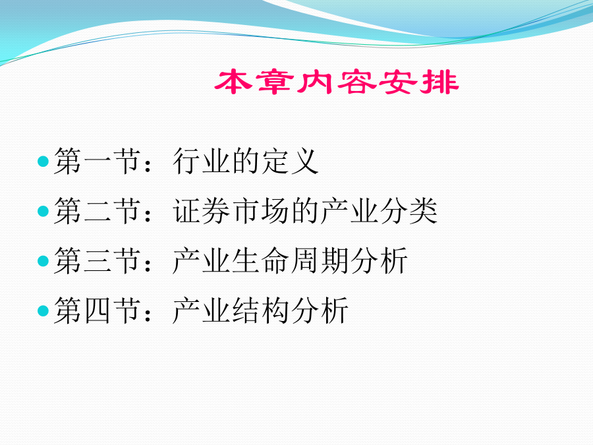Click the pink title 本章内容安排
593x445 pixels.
[337, 82]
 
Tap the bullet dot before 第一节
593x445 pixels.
[43, 162]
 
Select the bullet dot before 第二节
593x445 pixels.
[43, 211]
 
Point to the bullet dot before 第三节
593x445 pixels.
[43, 260]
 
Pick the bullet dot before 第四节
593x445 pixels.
[43, 311]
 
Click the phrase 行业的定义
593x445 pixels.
[246, 162]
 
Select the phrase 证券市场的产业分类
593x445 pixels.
[305, 211]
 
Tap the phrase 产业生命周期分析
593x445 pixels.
[290, 260]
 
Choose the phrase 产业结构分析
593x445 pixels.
[260, 311]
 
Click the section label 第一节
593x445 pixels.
[98, 162]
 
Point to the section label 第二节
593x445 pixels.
[98, 211]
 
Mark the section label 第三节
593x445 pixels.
[98, 260]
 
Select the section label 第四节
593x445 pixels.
[98, 311]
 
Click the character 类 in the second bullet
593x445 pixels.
[424, 211]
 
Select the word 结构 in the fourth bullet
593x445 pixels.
[260, 311]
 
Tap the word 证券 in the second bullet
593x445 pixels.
[201, 211]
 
